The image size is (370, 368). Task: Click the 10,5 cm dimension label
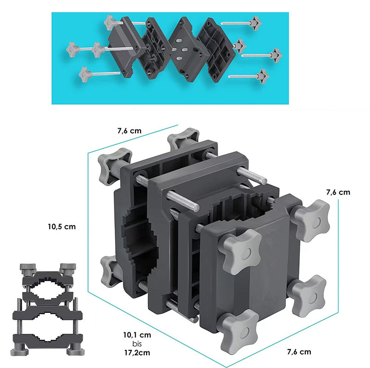[x=62, y=227]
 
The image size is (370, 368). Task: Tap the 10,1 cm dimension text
[x=137, y=335]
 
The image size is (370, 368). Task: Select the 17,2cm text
[x=137, y=353]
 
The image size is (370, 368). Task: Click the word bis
[x=137, y=344]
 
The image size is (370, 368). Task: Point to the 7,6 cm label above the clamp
[x=129, y=131]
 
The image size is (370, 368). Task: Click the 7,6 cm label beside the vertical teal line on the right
[x=338, y=192]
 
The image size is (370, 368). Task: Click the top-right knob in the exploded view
[x=256, y=23]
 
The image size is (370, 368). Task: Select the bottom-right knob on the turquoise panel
[x=262, y=76]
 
